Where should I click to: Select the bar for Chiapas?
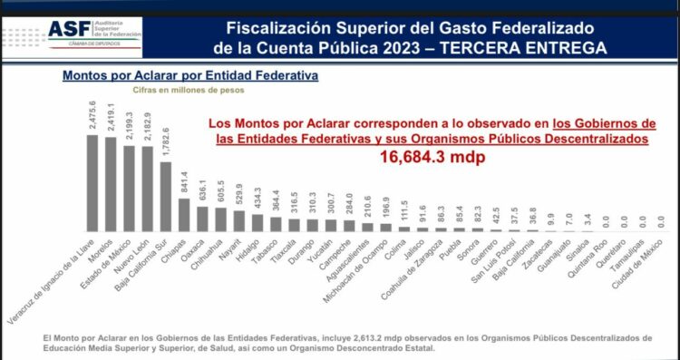184,215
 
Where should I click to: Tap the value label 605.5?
221,194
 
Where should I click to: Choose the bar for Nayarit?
239,221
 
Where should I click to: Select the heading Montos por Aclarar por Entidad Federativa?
189,76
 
